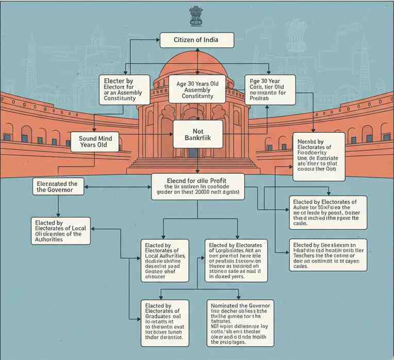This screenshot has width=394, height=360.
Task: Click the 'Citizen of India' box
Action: pos(196,40)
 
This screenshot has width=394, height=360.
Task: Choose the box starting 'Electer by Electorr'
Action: pos(120,89)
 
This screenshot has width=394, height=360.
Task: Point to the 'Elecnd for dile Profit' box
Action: pos(197,186)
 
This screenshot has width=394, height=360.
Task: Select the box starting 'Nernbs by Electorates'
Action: pos(318,156)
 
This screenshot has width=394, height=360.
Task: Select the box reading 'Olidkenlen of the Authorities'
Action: pos(61,230)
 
